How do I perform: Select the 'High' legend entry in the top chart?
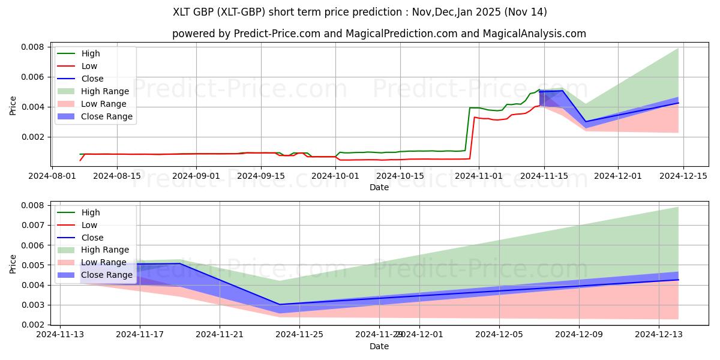click(91, 53)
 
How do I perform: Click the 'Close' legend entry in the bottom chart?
click(92, 238)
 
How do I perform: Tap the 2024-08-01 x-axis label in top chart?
click(52, 176)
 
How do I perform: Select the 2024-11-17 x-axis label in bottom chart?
click(140, 334)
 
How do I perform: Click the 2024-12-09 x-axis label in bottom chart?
click(579, 334)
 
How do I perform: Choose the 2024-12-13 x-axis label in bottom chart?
click(659, 334)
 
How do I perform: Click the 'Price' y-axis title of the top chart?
click(13, 106)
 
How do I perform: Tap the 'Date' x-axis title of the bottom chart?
click(379, 346)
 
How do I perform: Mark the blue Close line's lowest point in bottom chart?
click(280, 304)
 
